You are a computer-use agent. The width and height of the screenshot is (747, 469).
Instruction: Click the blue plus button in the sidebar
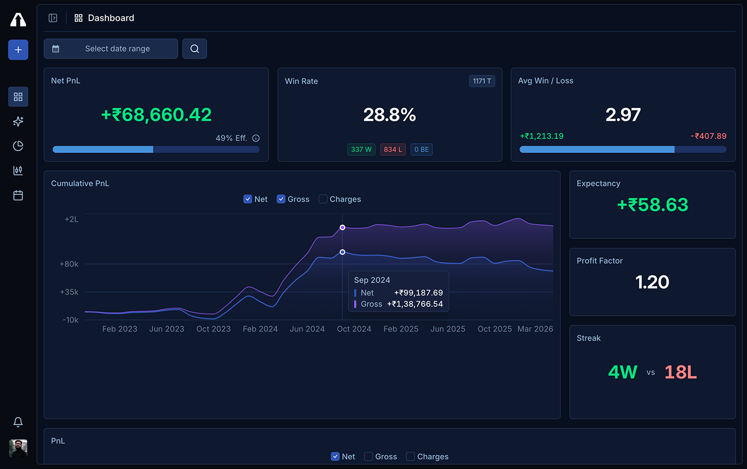click(x=18, y=50)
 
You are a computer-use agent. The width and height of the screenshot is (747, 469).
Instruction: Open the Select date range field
click(x=110, y=48)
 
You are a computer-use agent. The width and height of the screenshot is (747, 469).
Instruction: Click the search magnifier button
click(x=195, y=48)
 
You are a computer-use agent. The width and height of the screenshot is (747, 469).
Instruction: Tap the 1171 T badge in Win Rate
click(x=482, y=81)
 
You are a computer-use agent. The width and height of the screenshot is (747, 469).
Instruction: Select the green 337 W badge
click(x=361, y=149)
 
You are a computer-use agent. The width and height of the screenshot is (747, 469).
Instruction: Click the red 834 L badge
click(x=393, y=149)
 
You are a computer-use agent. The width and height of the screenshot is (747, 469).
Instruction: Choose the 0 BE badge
click(x=421, y=149)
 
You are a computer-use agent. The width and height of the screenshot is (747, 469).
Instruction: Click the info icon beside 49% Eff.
click(x=256, y=138)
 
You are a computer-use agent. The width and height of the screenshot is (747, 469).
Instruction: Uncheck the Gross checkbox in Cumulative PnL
click(x=281, y=199)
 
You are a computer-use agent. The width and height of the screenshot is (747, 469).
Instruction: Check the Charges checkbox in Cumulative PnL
click(x=324, y=199)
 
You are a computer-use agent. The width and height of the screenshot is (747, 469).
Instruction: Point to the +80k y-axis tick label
click(x=69, y=264)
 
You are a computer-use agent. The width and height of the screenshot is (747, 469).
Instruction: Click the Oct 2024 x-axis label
click(x=354, y=329)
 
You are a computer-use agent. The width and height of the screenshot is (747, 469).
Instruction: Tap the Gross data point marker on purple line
click(x=342, y=227)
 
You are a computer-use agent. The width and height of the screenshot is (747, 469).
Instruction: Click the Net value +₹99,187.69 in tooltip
click(x=418, y=293)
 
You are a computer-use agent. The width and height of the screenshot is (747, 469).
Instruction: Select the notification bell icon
click(x=18, y=422)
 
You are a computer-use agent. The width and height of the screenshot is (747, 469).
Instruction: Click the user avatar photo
click(x=18, y=448)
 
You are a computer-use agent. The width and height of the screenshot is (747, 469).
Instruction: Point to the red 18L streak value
click(x=680, y=372)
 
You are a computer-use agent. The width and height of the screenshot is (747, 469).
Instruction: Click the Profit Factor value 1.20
click(x=652, y=282)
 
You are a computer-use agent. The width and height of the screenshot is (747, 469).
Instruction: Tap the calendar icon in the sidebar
click(x=18, y=195)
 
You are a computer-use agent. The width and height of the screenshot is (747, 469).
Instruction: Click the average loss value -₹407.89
click(x=708, y=136)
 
